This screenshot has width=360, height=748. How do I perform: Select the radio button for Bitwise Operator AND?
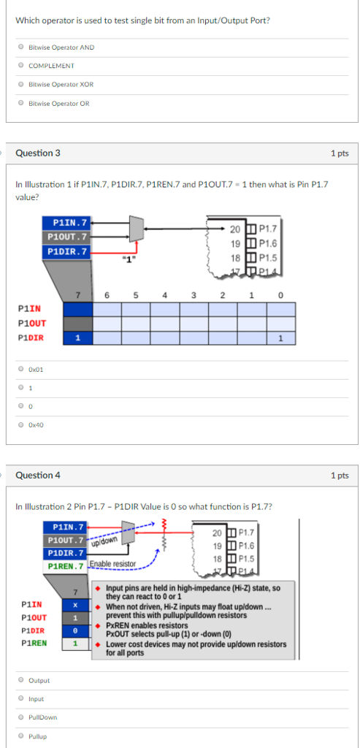(x=21, y=47)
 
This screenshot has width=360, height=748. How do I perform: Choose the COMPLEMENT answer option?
(x=21, y=66)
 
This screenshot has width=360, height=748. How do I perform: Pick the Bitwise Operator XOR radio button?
(x=21, y=85)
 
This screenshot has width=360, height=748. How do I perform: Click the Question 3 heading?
(x=38, y=153)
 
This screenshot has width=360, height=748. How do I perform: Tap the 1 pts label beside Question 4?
(x=339, y=476)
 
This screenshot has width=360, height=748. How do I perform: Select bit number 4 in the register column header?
(x=164, y=295)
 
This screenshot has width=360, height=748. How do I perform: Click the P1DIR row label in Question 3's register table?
(x=31, y=337)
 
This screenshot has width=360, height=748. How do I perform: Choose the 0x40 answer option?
(x=21, y=424)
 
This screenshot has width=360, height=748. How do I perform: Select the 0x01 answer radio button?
(x=21, y=369)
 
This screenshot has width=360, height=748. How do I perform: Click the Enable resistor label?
(x=112, y=564)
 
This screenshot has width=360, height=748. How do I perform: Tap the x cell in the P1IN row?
(x=75, y=605)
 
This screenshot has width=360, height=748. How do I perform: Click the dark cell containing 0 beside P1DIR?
(x=75, y=630)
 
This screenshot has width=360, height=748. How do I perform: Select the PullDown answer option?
(x=21, y=717)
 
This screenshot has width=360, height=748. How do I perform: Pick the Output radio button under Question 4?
(x=21, y=680)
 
